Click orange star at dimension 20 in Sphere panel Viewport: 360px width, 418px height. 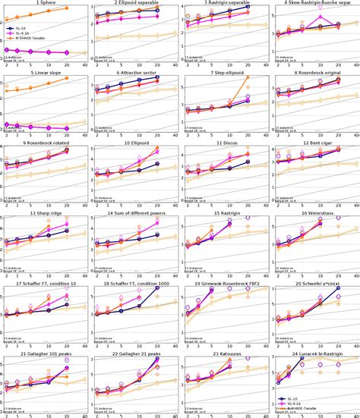[x=65, y=7]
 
